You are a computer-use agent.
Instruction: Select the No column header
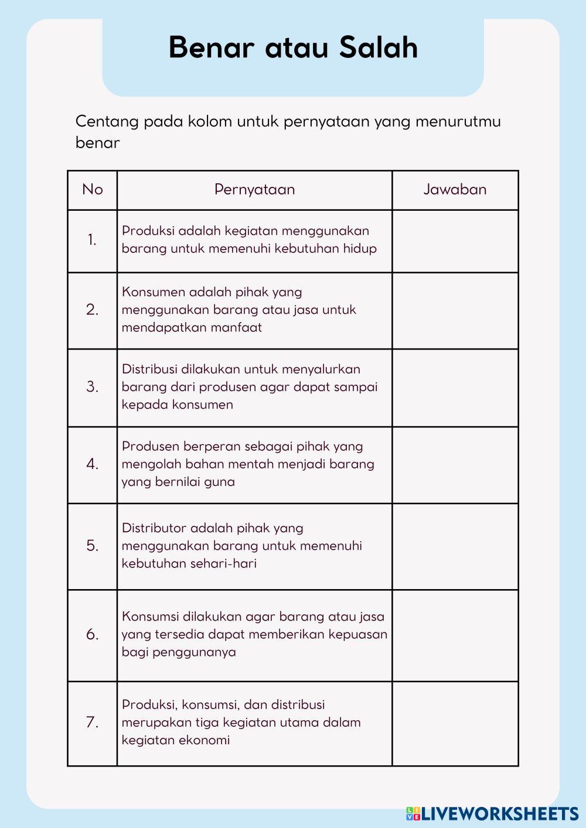[x=93, y=189]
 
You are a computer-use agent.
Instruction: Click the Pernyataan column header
[x=254, y=189]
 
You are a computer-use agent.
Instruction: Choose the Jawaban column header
[x=455, y=189]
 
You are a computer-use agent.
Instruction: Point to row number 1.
[x=93, y=239]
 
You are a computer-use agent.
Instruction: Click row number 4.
[x=93, y=464]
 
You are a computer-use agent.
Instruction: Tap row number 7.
[x=93, y=722]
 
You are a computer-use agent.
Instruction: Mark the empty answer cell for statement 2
[x=455, y=310]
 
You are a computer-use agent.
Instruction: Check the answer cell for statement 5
[x=455, y=546]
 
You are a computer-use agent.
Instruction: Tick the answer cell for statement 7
[x=455, y=723]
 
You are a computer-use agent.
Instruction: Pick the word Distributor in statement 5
[x=154, y=528]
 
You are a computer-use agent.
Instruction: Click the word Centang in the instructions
[x=107, y=122]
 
